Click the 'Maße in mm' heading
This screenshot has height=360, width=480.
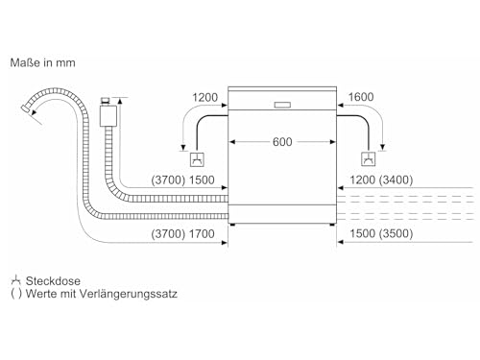coord(43,62)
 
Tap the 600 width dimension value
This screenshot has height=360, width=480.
coord(282,142)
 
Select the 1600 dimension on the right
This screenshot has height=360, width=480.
coord(361,97)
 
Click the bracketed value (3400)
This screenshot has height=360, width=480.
coord(396,180)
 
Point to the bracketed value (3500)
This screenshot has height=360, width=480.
coord(396,233)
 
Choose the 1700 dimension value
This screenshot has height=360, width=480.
coord(202,234)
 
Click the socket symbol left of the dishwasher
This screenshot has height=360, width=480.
coord(197,159)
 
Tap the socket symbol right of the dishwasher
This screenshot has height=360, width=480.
coord(368,159)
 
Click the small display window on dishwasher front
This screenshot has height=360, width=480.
coord(282,105)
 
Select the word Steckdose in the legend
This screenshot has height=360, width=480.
coord(53,281)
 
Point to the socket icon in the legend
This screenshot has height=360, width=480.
coord(15,280)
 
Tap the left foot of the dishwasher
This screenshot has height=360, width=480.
coord(232,225)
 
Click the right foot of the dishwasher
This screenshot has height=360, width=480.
coord(332,225)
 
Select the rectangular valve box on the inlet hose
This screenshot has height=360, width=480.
coord(108,116)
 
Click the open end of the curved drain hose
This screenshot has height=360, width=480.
coord(26,108)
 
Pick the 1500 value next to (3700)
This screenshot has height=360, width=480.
coord(202,180)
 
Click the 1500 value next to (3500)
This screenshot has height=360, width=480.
coord(363,233)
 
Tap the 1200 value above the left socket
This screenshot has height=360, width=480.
coord(204,97)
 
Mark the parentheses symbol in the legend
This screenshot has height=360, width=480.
coord(16,294)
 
